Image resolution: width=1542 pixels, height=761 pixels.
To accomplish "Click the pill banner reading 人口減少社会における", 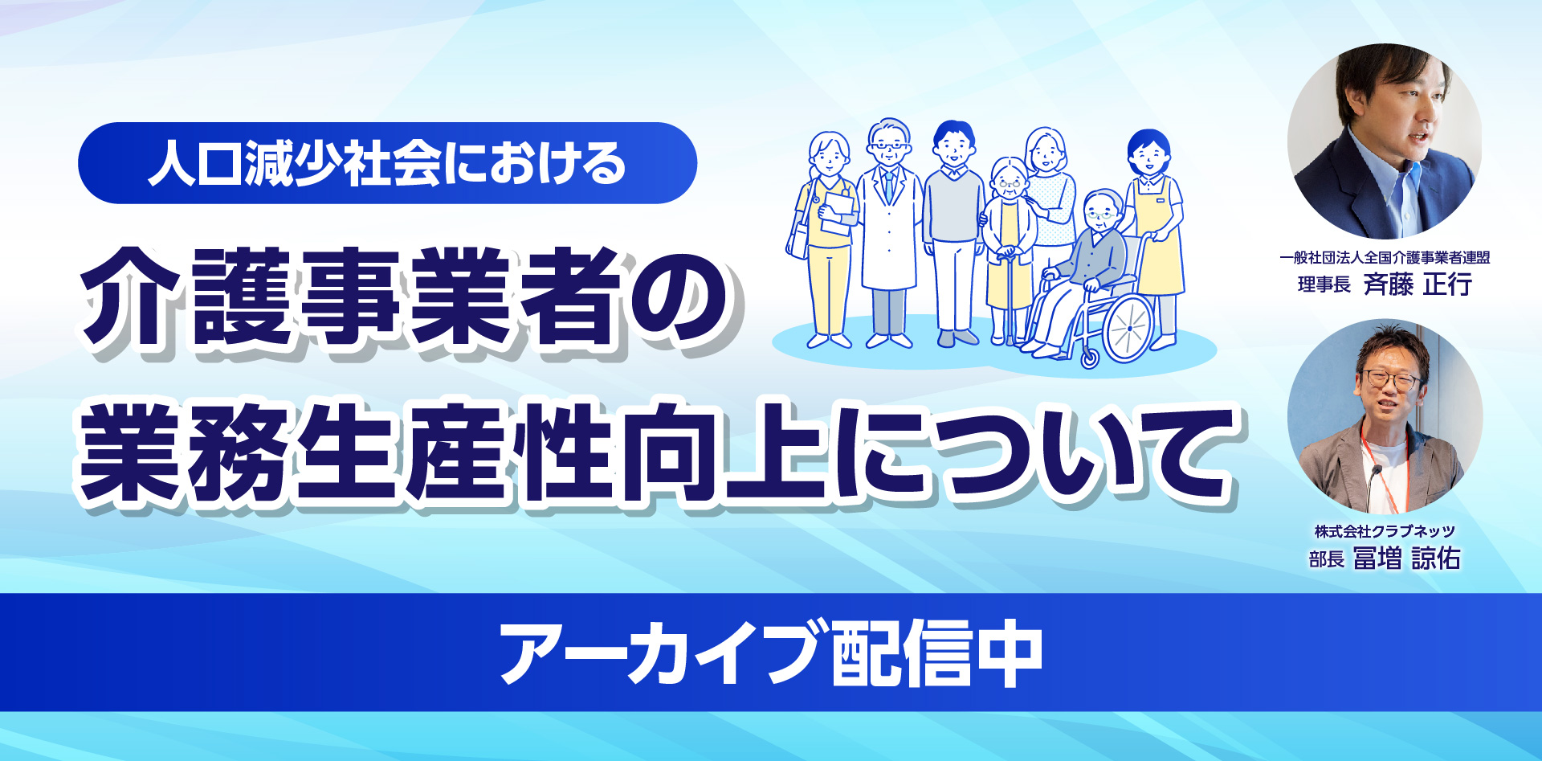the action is pyautogui.click(x=387, y=163).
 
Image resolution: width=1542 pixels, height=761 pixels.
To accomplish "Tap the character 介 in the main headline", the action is pyautogui.click(x=135, y=297).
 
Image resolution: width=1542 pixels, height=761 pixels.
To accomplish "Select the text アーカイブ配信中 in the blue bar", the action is pyautogui.click(x=771, y=653).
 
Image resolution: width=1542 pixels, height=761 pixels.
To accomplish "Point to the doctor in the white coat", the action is pyautogui.click(x=888, y=232).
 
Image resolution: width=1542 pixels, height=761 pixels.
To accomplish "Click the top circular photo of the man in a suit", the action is pyautogui.click(x=1385, y=141).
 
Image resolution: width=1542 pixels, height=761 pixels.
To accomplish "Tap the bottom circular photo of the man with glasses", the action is pyautogui.click(x=1385, y=417).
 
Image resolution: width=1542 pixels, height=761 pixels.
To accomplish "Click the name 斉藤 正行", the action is pyautogui.click(x=1418, y=284).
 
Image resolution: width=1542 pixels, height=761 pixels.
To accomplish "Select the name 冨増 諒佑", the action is pyautogui.click(x=1406, y=558).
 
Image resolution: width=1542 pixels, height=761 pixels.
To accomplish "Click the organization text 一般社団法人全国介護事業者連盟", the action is pyautogui.click(x=1385, y=257).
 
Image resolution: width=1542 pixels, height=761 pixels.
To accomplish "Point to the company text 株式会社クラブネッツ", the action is pyautogui.click(x=1385, y=531).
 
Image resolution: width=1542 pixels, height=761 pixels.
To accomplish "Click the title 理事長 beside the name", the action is pyautogui.click(x=1324, y=285).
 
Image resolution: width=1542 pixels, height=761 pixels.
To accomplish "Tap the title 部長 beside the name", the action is pyautogui.click(x=1326, y=559).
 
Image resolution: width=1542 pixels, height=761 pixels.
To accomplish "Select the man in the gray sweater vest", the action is pyautogui.click(x=954, y=234).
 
